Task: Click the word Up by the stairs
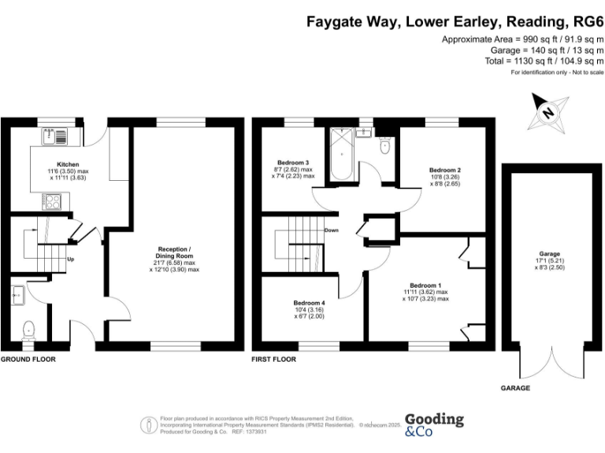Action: click(71, 259)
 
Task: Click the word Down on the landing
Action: click(332, 230)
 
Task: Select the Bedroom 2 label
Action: click(444, 169)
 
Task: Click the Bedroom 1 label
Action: click(425, 285)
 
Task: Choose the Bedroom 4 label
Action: click(309, 304)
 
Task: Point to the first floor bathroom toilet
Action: click(384, 145)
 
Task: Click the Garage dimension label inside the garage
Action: click(550, 259)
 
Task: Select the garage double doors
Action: click(550, 364)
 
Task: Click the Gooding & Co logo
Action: click(433, 425)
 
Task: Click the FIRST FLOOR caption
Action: click(273, 359)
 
